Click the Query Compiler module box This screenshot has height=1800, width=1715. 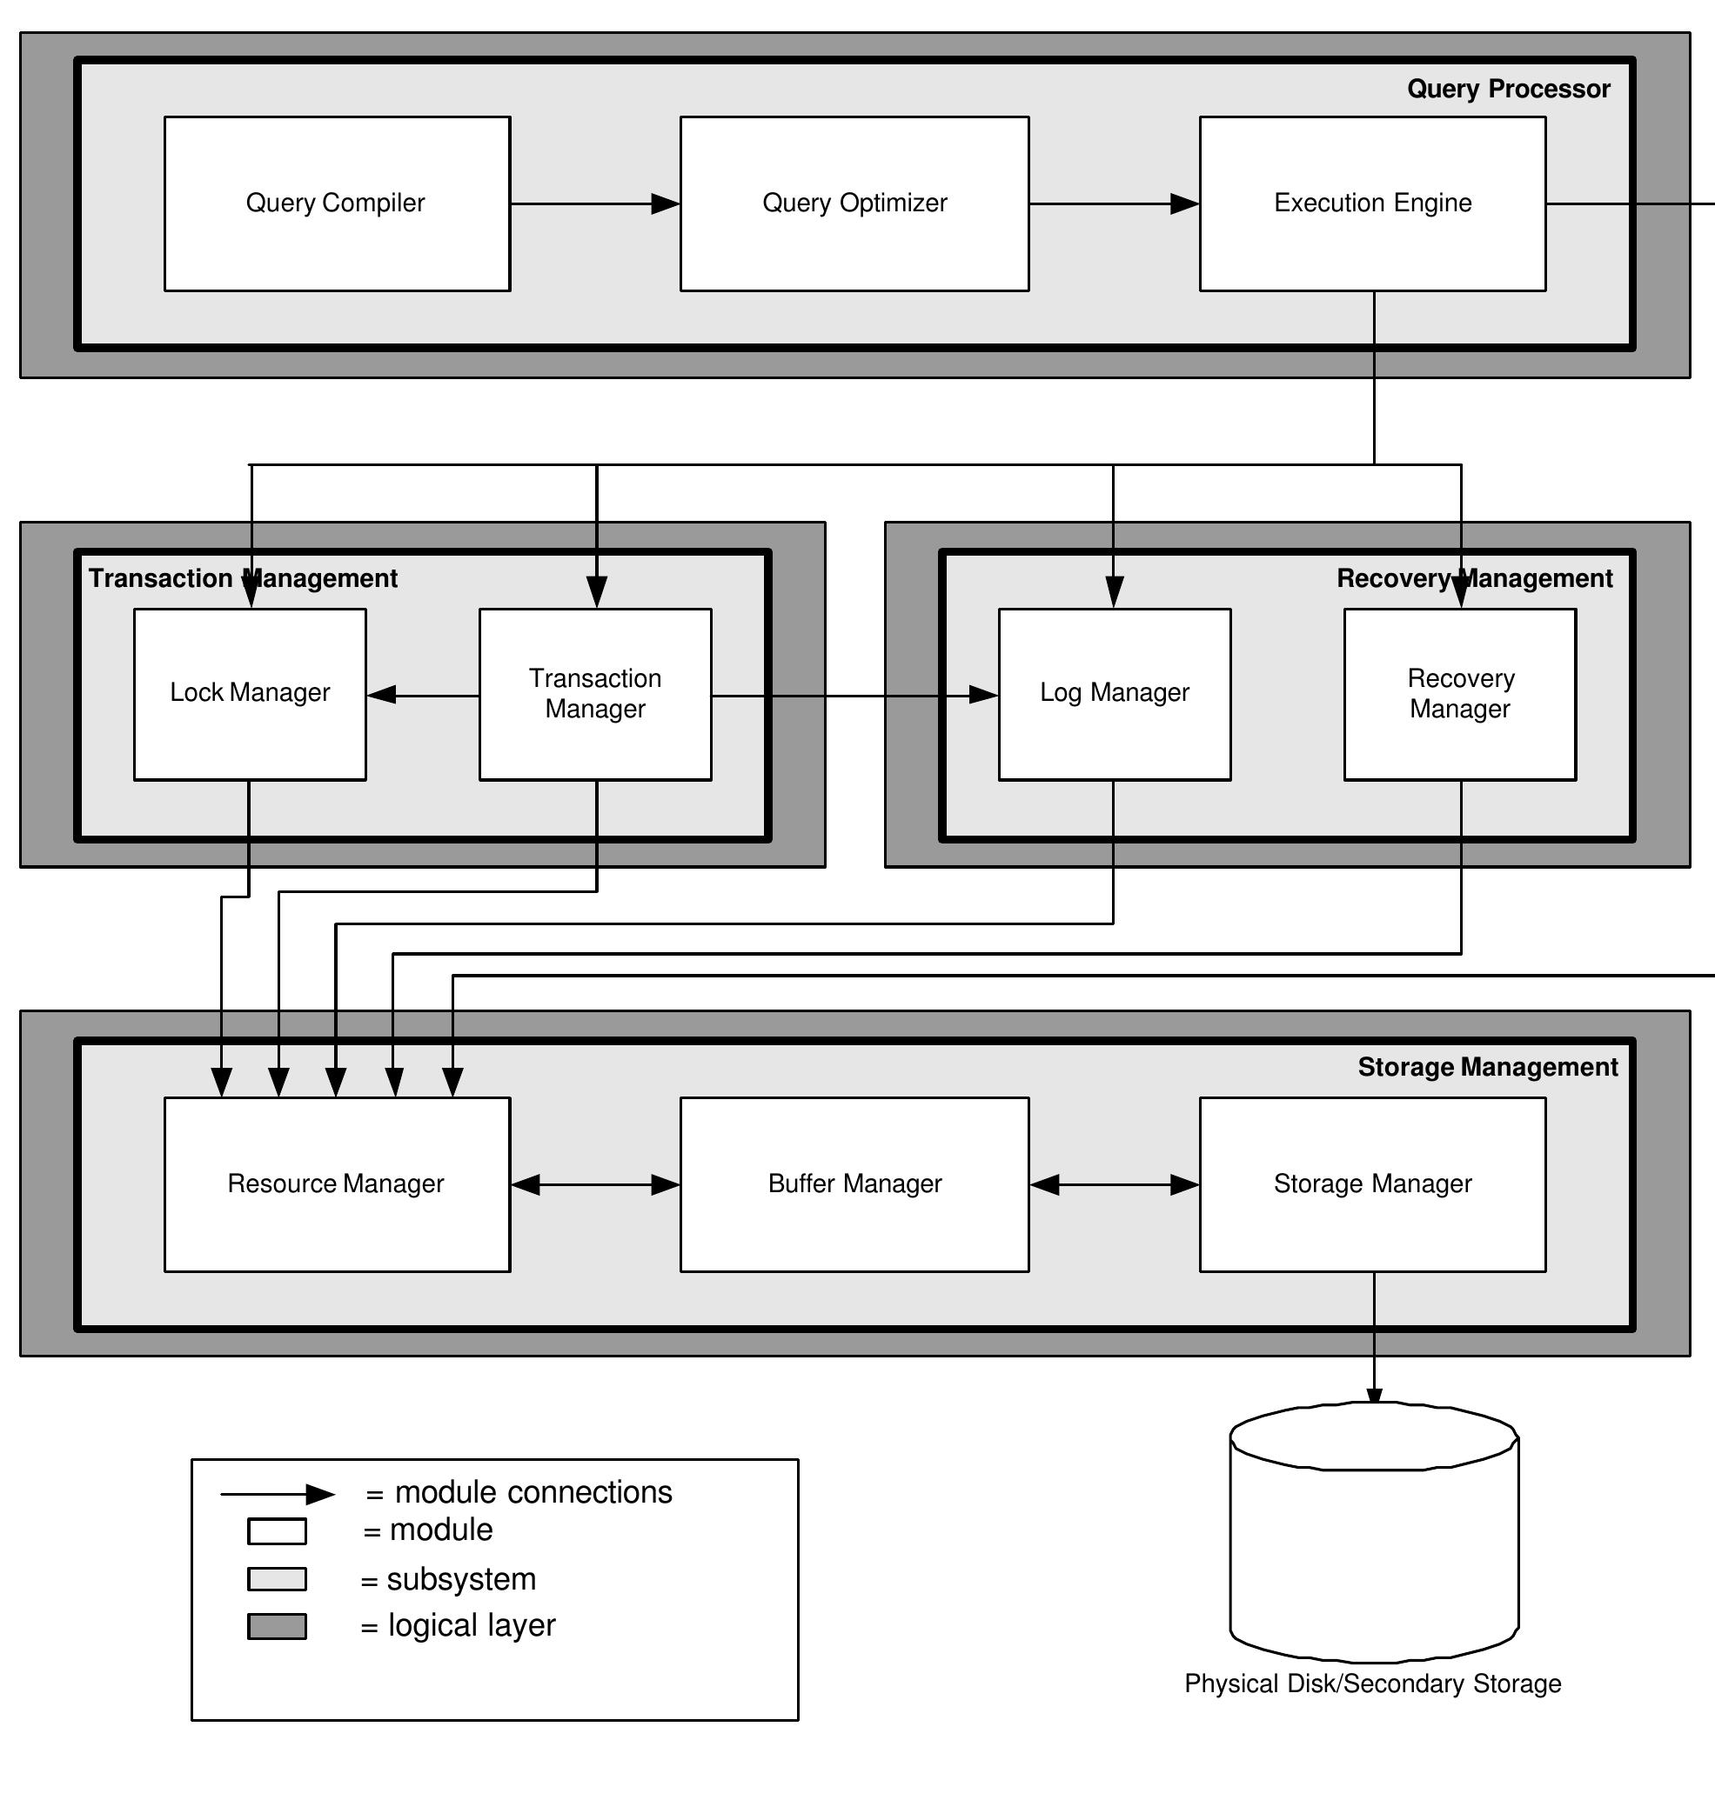click(x=337, y=203)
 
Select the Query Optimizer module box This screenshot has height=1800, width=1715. click(x=854, y=203)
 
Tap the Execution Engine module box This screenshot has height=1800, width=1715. click(x=1372, y=203)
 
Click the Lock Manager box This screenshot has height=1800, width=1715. click(x=250, y=694)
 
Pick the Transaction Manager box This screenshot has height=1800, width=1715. click(x=595, y=694)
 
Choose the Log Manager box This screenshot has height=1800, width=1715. click(x=1115, y=694)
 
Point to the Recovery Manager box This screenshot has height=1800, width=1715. click(x=1460, y=694)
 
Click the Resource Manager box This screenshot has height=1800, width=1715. click(x=337, y=1184)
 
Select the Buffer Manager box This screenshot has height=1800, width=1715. click(x=854, y=1184)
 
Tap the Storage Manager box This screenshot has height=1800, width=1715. click(x=1372, y=1184)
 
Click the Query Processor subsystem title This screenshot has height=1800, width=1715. click(x=1508, y=89)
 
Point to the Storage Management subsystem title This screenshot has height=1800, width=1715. click(x=1487, y=1067)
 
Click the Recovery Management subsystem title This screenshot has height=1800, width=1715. click(x=1474, y=578)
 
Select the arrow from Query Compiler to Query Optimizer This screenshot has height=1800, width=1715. click(x=595, y=203)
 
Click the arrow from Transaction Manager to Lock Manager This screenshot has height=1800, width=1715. click(x=422, y=696)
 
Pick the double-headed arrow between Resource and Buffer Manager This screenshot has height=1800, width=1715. click(x=595, y=1185)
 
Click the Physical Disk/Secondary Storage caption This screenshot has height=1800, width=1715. click(x=1372, y=1684)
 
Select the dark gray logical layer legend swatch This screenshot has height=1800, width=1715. click(x=277, y=1626)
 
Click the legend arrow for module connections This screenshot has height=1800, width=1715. click(x=277, y=1495)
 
